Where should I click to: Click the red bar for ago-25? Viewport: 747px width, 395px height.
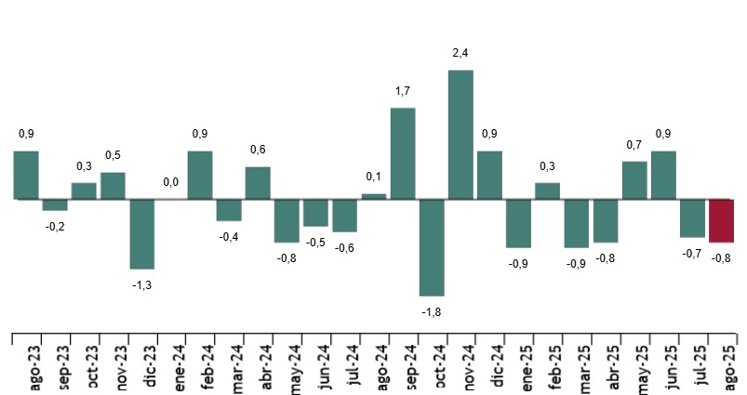722,220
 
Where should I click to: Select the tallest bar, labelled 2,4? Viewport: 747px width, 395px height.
460,135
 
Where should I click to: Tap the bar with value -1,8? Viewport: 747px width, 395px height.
432,247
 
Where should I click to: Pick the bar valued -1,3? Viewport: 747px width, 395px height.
141,234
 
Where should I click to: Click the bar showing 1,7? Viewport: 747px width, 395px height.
403,153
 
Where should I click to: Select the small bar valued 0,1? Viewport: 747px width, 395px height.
374,196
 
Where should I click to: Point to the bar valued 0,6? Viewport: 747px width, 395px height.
258,183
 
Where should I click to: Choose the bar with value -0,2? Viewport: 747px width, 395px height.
55,204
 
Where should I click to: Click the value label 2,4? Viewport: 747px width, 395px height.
460,53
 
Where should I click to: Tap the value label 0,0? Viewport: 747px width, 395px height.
170,183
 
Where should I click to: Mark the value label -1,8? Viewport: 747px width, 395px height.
432,312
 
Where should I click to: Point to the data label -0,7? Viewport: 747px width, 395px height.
692,253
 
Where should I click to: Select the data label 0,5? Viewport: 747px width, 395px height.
113,155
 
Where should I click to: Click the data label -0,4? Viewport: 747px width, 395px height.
229,237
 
